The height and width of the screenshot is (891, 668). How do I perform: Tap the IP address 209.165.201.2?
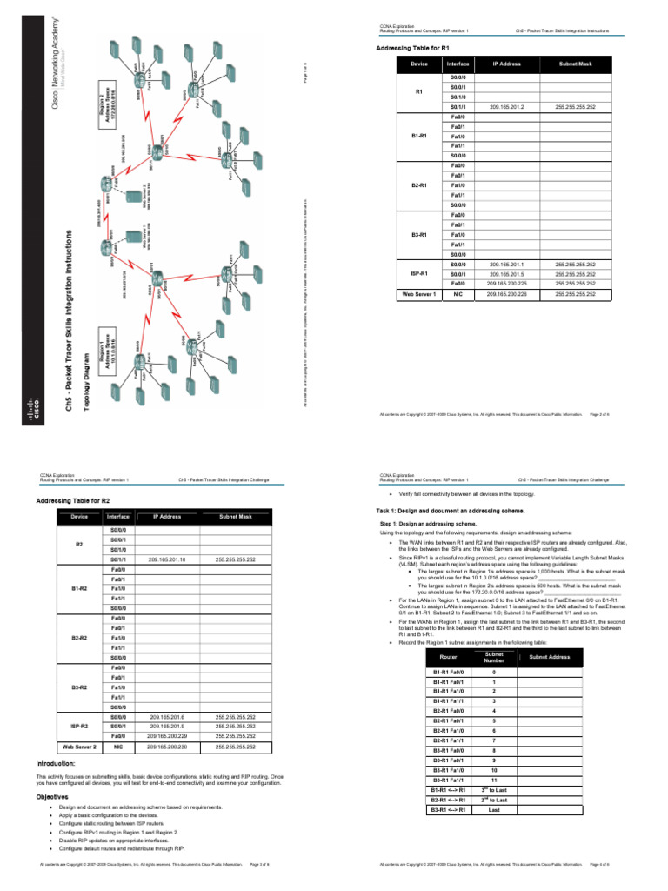(x=506, y=107)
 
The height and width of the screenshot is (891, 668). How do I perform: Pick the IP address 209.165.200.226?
(x=505, y=294)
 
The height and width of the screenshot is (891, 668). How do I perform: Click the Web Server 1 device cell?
(x=418, y=294)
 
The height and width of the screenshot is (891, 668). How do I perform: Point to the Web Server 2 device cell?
(x=78, y=747)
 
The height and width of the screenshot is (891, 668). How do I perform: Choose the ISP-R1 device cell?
(x=418, y=273)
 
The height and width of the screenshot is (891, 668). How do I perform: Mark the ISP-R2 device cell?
(x=78, y=726)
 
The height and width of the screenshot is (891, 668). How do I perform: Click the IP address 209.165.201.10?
(x=165, y=559)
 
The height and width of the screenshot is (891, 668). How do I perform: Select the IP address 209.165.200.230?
(x=165, y=747)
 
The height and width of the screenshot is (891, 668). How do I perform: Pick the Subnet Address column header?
(x=549, y=657)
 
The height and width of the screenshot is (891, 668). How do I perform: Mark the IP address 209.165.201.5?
(x=505, y=273)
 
